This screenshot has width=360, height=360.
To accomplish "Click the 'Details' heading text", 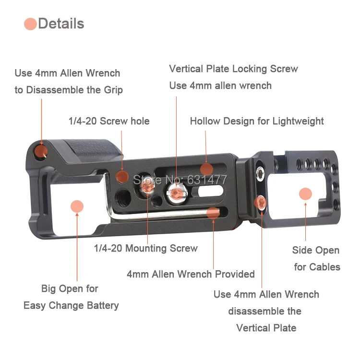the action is [x=61, y=24].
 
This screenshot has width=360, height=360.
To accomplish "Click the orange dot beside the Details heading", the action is [x=30, y=24].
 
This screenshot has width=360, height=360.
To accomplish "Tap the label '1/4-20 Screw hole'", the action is [x=108, y=121].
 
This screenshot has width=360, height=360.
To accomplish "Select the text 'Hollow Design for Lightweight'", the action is [x=257, y=121].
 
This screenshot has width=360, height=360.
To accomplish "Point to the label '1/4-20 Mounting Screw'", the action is [x=145, y=248].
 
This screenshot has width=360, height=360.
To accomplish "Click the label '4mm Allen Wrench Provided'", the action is [x=191, y=274].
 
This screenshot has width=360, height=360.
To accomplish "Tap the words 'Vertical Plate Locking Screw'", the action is [x=233, y=69].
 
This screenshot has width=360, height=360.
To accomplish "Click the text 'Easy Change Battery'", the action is [x=71, y=305].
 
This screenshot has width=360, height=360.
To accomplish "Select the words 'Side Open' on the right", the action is [x=315, y=250].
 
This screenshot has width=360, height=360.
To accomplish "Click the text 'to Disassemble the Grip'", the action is [x=69, y=90].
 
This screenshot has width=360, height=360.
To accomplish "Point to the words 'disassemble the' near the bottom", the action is [x=264, y=311].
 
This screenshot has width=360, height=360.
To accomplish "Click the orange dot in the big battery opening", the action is [x=76, y=206].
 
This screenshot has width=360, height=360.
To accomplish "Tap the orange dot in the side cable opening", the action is [x=305, y=194].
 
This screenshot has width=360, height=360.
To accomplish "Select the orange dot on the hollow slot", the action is [x=206, y=169].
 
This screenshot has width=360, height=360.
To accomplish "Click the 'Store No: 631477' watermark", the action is [x=180, y=180].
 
